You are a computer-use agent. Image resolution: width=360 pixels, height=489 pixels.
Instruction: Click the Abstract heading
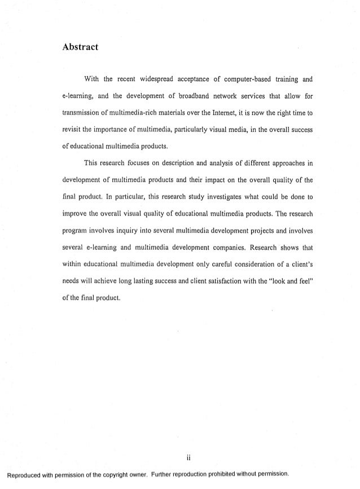80,47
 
